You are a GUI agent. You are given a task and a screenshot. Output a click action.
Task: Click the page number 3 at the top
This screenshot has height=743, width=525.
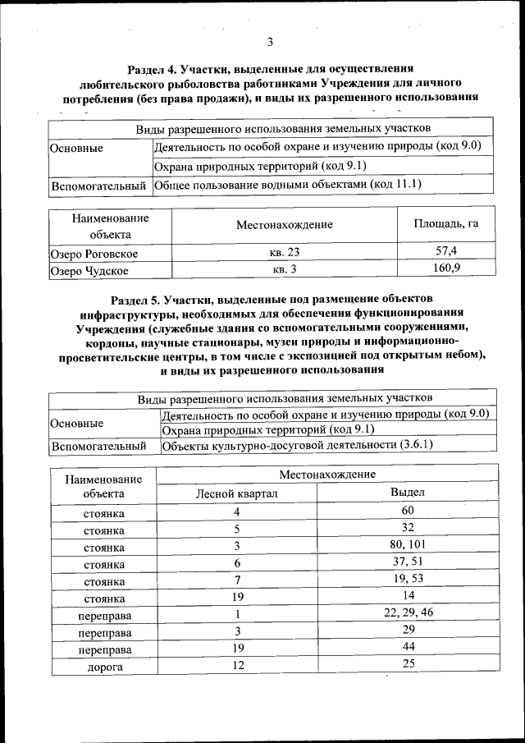tap(269, 43)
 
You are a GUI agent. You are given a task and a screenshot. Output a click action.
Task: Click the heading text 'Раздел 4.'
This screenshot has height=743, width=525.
tap(156, 69)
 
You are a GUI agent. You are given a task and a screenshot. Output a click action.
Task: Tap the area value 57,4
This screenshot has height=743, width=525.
tap(445, 251)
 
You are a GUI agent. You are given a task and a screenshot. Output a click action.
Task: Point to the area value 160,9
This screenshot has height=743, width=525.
tap(445, 268)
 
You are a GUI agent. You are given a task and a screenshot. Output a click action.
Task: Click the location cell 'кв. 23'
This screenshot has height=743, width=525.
tap(285, 252)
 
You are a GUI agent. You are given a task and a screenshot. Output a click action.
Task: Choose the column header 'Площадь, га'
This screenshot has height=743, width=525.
tap(445, 224)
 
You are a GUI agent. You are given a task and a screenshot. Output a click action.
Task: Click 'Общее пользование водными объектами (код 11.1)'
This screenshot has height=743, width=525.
tap(287, 185)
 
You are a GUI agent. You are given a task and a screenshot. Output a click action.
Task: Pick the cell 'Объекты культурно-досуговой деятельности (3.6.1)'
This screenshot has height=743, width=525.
tap(297, 446)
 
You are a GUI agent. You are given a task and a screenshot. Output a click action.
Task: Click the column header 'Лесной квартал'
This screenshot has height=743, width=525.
tap(236, 493)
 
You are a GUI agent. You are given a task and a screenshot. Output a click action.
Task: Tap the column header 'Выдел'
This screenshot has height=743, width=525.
tap(407, 493)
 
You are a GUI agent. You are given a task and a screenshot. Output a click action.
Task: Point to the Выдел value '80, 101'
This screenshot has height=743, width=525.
tap(407, 546)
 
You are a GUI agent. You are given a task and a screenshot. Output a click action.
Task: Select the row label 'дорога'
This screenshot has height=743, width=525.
tap(104, 667)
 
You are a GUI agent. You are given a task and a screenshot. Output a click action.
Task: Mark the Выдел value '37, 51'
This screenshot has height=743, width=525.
tap(407, 562)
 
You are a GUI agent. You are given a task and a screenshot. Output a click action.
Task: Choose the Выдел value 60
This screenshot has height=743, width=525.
tap(407, 511)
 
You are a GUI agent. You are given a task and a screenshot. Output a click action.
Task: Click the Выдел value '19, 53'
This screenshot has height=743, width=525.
tap(407, 580)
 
